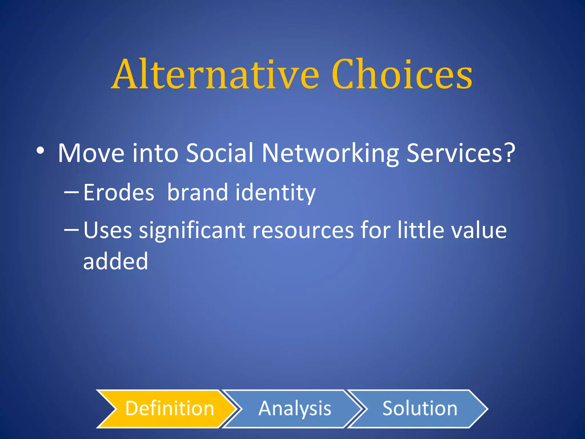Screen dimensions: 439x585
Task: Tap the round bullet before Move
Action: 40,151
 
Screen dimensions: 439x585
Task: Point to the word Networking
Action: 330,154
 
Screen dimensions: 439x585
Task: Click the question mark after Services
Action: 509,153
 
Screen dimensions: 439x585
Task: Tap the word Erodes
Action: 119,192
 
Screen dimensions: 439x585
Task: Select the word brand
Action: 197,192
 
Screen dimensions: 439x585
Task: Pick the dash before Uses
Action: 71,230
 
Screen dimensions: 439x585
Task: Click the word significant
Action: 192,230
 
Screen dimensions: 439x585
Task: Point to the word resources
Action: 303,230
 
